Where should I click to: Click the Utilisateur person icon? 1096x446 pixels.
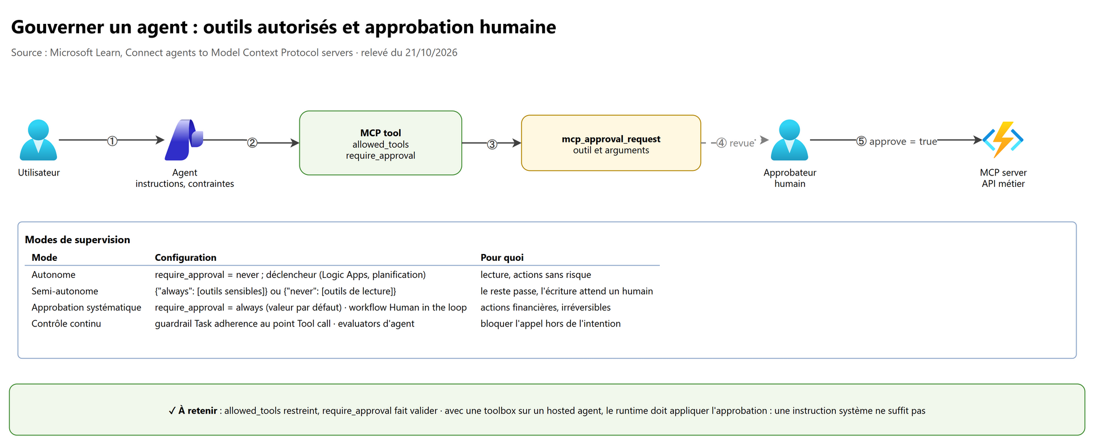(x=38, y=140)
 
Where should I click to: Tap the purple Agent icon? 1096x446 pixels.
(x=184, y=140)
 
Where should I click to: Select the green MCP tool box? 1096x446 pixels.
(x=380, y=143)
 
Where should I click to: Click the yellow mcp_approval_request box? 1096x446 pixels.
(x=611, y=143)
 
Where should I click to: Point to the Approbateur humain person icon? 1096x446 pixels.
(x=789, y=140)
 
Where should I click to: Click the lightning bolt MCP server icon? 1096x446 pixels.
(x=1003, y=140)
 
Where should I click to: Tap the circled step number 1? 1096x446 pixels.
(x=112, y=141)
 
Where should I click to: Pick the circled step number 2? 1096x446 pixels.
(x=252, y=142)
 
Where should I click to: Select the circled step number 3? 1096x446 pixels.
(x=492, y=144)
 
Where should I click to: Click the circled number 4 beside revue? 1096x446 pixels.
(x=721, y=142)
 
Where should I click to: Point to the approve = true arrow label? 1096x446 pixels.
(x=897, y=141)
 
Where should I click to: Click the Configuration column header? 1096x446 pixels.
(x=186, y=257)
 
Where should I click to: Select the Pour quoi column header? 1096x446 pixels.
(x=502, y=257)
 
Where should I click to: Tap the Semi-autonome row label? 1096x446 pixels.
(x=65, y=291)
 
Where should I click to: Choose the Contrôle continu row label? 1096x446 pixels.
(x=66, y=324)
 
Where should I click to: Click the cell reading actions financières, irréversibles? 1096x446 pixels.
(x=545, y=308)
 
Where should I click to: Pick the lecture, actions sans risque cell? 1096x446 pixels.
(x=536, y=275)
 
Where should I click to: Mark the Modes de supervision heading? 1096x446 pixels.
(x=77, y=240)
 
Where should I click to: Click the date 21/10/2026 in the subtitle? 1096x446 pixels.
(x=432, y=52)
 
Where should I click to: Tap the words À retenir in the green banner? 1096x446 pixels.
(x=198, y=411)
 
